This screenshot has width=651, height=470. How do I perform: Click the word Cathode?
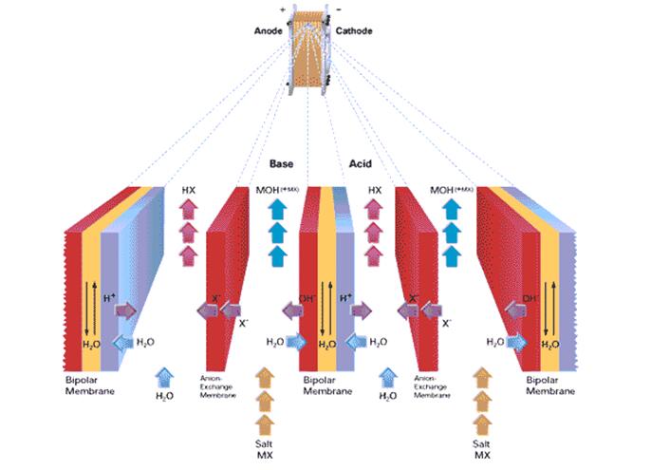pyautogui.click(x=354, y=31)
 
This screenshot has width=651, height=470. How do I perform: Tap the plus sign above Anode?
pyautogui.click(x=282, y=9)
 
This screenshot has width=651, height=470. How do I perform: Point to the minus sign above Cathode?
pyautogui.click(x=338, y=9)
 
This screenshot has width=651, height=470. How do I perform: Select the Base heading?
pyautogui.click(x=281, y=163)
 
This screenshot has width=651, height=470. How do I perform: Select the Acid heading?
pyautogui.click(x=363, y=163)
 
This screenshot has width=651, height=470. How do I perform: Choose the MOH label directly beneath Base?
pyautogui.click(x=276, y=190)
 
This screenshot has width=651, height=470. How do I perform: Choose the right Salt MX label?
pyautogui.click(x=482, y=445)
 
